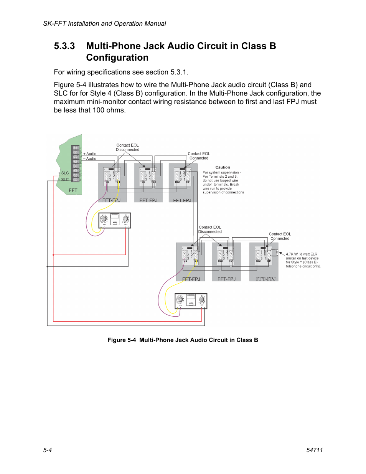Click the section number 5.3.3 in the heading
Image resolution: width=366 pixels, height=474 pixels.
tap(64, 46)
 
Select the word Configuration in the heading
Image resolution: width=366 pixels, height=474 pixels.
tap(117, 58)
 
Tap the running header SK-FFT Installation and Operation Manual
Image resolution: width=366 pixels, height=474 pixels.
tap(104, 23)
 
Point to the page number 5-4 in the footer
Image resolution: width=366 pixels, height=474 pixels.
tap(48, 450)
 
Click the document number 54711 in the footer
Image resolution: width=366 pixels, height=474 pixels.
tap(315, 450)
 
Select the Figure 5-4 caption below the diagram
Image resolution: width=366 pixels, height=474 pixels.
tap(183, 340)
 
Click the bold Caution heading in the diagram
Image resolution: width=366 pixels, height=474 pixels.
tap(223, 167)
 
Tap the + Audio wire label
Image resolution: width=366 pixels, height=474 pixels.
tap(90, 154)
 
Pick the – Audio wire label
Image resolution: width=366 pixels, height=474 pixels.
tap(90, 159)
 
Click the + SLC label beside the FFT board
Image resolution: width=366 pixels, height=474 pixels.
tap(64, 173)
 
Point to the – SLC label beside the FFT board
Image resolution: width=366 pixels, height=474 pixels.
tap(64, 179)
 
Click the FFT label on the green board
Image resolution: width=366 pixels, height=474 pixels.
tap(73, 190)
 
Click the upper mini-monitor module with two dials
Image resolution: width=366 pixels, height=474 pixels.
tap(115, 220)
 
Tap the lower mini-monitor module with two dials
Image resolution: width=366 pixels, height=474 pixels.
tap(191, 301)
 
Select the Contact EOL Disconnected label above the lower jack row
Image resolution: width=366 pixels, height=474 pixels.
tap(210, 230)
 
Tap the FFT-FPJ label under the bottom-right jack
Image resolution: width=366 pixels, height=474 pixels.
tap(266, 279)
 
